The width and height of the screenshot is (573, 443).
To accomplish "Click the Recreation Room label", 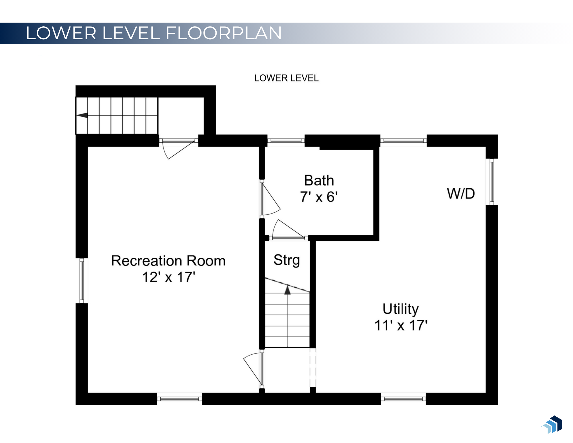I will coord(168,261).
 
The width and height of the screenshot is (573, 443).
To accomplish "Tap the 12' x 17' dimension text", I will coord(169,277).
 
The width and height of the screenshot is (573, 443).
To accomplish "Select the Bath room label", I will coord(319,181).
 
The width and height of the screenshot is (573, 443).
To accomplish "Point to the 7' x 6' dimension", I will coord(318,197).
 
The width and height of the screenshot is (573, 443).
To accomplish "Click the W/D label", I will coord(461,194).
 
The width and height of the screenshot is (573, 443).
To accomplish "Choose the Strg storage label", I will coord(286,260).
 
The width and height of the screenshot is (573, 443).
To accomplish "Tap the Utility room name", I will coord(400,309).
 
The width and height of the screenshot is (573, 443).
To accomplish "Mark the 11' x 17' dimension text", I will coord(401,325).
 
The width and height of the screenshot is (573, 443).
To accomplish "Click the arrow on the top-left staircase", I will coord(82,115).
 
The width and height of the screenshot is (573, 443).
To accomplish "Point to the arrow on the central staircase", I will coord(287,290).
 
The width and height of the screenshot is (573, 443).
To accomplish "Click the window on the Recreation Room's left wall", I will coord(82,280).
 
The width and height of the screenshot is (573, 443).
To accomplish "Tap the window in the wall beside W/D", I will coord(492,182).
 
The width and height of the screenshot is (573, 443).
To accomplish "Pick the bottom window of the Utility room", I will coord(403,399).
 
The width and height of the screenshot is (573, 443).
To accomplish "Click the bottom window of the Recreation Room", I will coord(179,399).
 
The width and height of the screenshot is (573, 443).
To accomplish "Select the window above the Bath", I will coord(286,140).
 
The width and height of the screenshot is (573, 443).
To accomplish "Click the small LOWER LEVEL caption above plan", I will coord(286,78).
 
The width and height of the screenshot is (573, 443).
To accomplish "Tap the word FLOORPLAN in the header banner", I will coord(224,33).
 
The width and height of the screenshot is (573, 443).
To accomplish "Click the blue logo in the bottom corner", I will coord(553,424).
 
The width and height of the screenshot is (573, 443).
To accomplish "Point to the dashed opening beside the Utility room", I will coord(313,368).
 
